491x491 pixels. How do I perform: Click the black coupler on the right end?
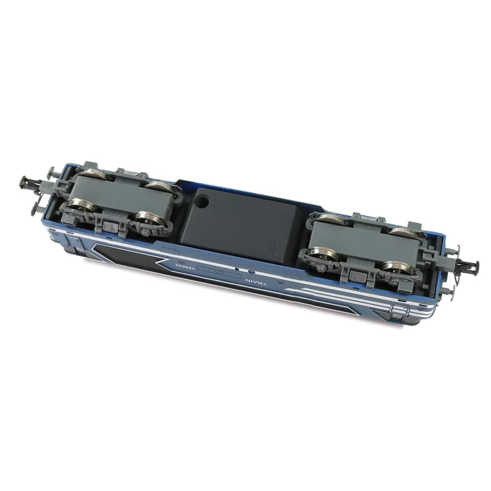point(465,266)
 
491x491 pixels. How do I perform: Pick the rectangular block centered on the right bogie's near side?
point(356,267)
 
